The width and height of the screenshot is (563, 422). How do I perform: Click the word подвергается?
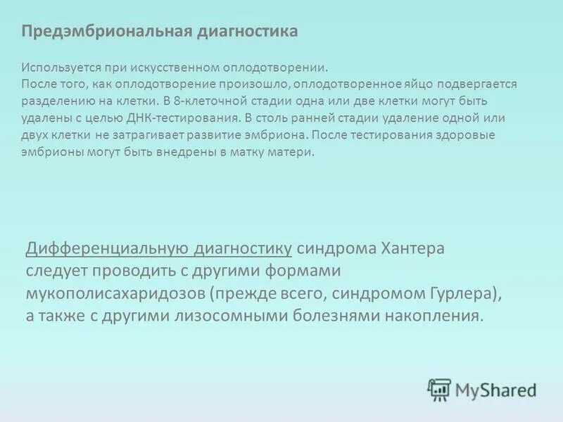tap(476, 84)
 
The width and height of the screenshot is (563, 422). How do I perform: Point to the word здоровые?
tap(467, 134)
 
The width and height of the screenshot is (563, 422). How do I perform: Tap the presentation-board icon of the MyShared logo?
tap(439, 389)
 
